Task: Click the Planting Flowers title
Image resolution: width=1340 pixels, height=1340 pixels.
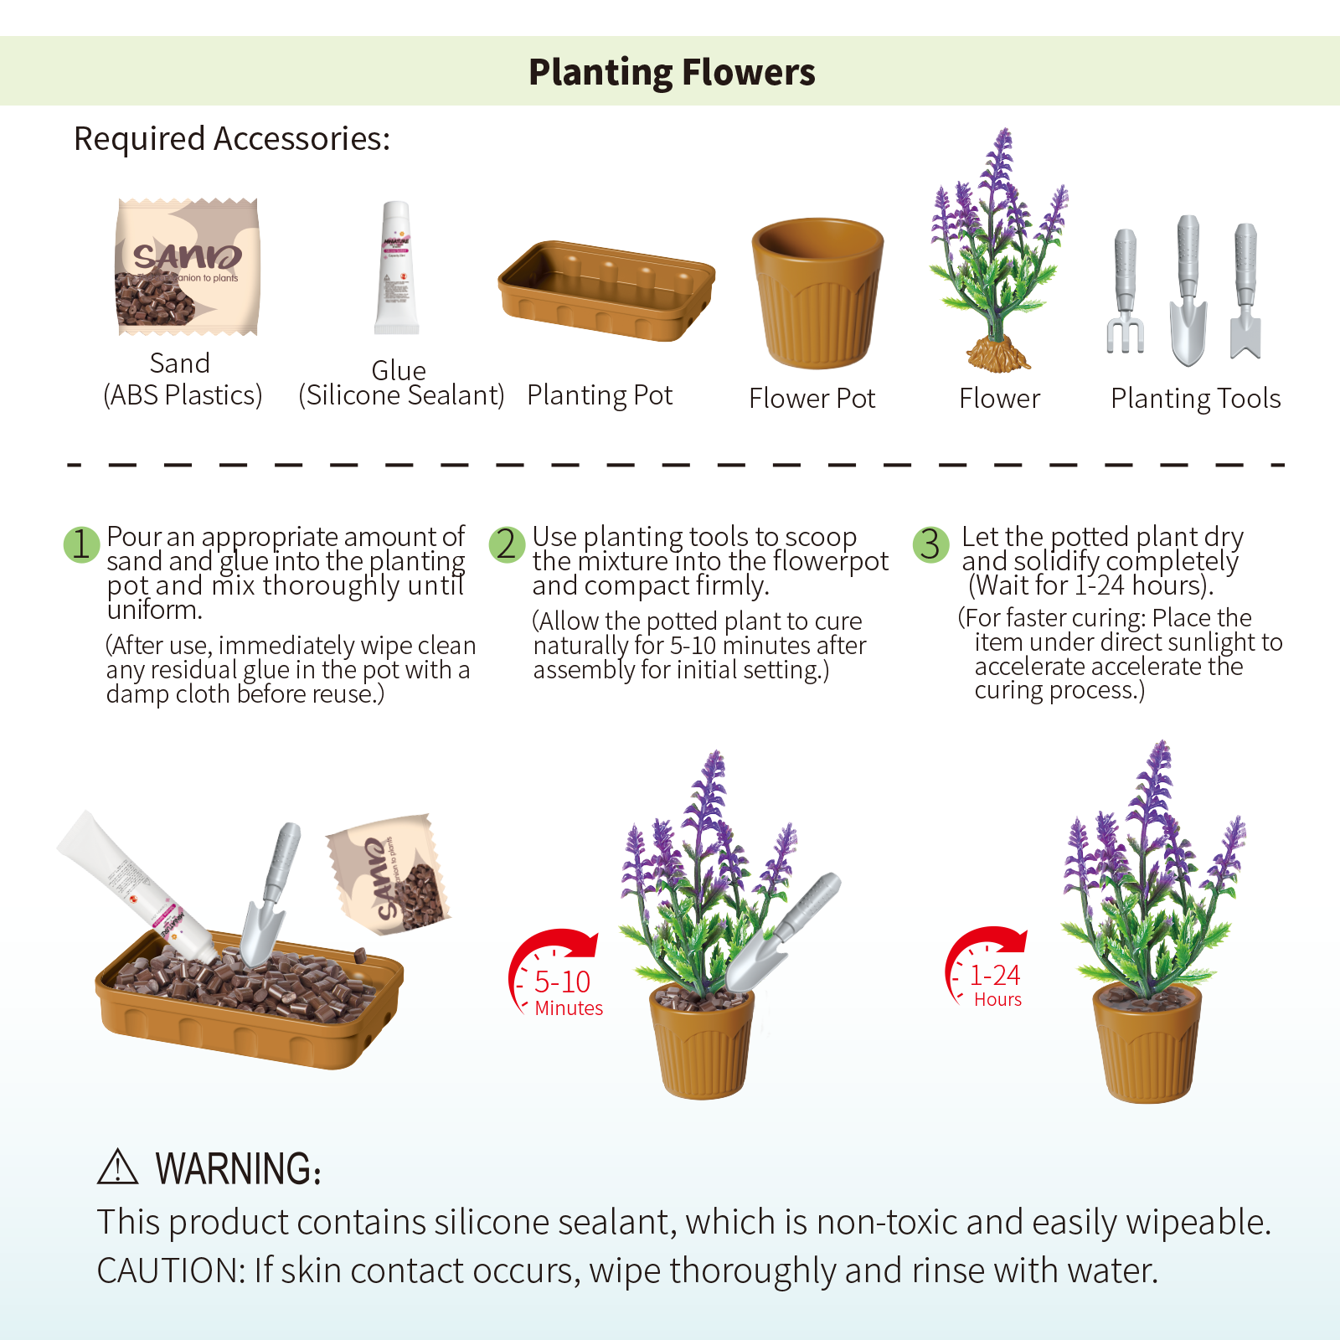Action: pos(672,72)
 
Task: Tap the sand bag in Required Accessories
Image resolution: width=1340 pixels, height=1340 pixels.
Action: pos(188,266)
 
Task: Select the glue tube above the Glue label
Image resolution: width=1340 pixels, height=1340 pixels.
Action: pos(396,267)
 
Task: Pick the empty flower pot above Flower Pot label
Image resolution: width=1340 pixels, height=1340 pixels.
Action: pos(817,292)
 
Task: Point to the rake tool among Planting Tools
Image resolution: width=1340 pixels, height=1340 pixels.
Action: pos(1125,291)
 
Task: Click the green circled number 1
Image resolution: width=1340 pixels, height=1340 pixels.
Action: pos(82,544)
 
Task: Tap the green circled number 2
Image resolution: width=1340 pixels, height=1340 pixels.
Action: pos(507,544)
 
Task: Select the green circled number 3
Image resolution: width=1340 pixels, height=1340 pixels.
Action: pos(930,544)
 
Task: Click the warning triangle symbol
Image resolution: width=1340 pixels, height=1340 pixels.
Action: pos(117,1167)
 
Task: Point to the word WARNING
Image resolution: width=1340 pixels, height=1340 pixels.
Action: pos(239,1168)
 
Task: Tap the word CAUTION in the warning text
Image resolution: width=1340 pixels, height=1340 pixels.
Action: pos(171,1270)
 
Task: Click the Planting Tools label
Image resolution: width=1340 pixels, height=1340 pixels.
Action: pos(1195,399)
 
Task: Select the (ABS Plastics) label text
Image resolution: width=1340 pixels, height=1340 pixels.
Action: pos(183,394)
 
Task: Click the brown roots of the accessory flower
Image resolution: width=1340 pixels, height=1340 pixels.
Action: pos(997,354)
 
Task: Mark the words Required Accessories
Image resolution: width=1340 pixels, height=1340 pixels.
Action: pos(232,139)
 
